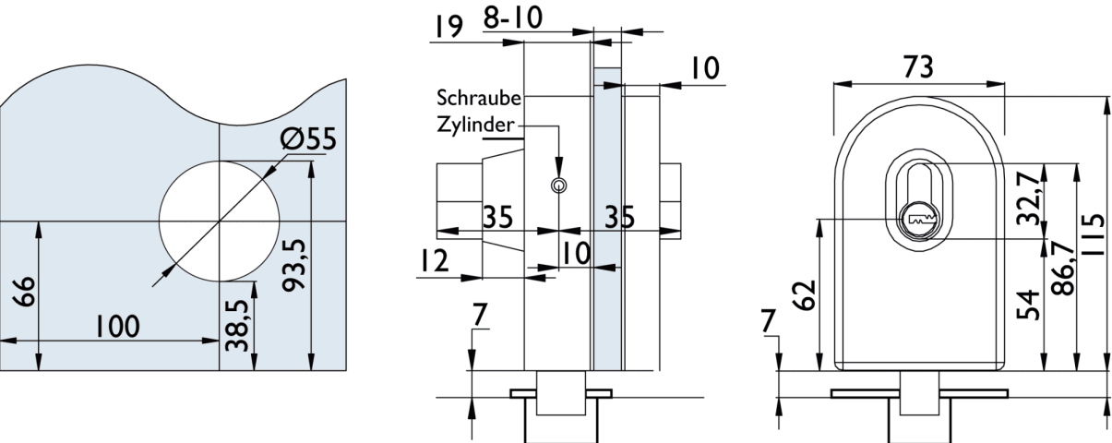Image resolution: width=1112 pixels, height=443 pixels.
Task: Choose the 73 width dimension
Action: (919, 66)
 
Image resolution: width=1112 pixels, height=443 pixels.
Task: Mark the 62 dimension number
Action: (803, 294)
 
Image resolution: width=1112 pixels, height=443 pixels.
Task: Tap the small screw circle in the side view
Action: (558, 186)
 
